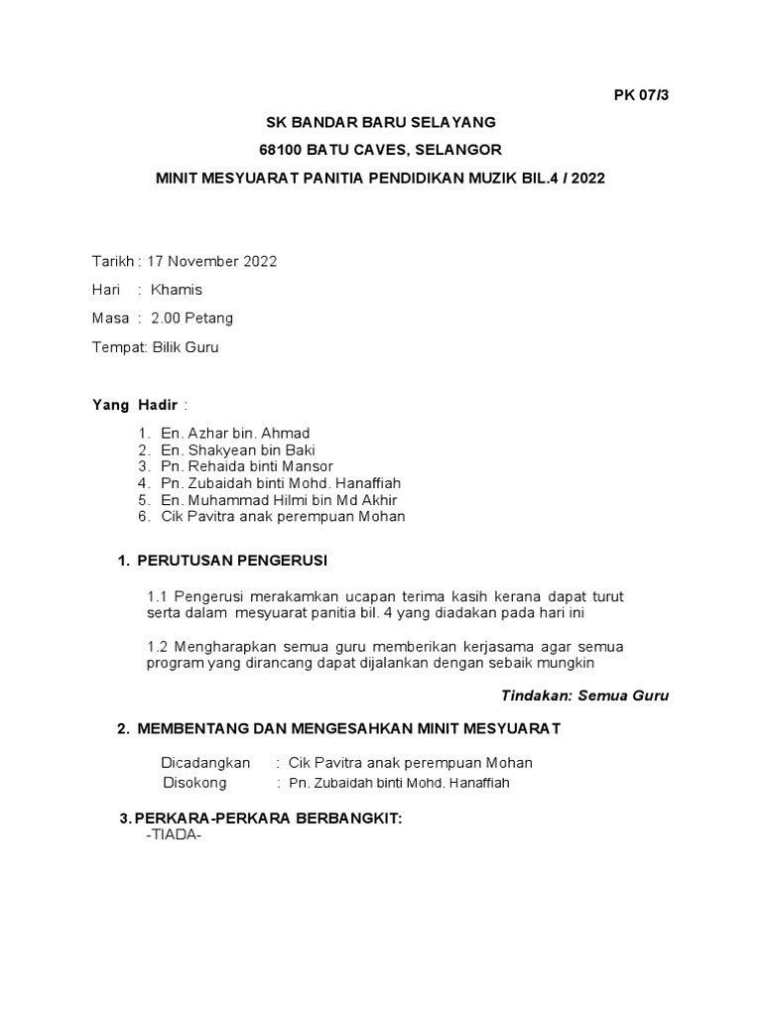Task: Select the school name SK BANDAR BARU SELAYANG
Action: pos(380,123)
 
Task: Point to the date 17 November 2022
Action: pos(211,262)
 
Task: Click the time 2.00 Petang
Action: pos(192,318)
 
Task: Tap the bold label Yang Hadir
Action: pos(134,405)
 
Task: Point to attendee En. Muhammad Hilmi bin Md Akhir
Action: pos(279,500)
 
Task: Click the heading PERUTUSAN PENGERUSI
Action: pos(231,561)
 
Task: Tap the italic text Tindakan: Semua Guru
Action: pos(584,696)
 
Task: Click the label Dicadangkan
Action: pos(205,763)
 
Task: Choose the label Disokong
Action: pos(194,782)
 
